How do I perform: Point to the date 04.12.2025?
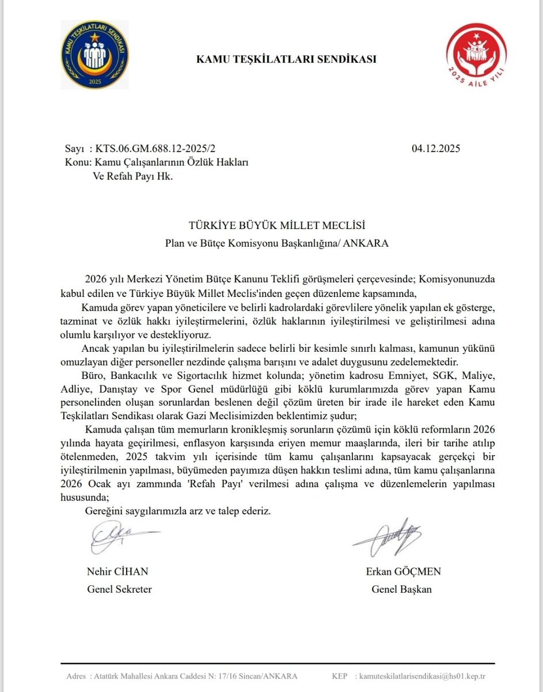point(436,149)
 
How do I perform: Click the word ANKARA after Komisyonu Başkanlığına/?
point(367,243)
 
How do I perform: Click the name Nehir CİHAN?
point(117,571)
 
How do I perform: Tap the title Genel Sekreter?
point(119,589)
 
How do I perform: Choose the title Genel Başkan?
point(401,589)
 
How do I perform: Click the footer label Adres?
point(77,675)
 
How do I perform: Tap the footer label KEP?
point(339,675)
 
